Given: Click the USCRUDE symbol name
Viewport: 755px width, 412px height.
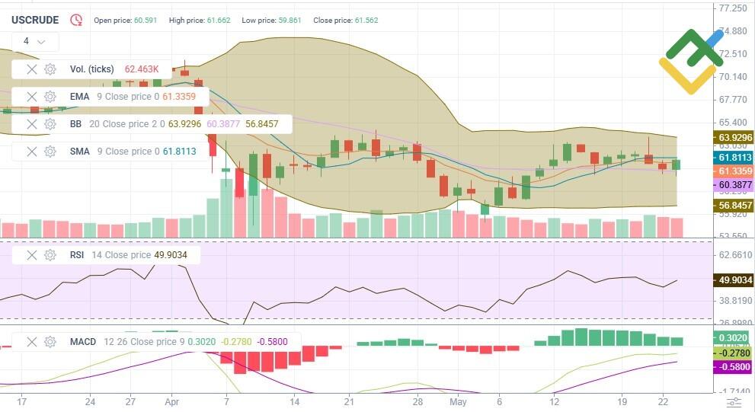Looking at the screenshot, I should click(35, 21).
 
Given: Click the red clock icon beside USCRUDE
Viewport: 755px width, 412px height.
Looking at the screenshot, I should click(76, 21).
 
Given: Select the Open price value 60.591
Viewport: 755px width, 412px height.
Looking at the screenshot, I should click(145, 21).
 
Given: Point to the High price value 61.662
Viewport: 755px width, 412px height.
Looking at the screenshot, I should click(219, 21).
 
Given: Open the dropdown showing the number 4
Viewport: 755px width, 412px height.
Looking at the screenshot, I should click(34, 41).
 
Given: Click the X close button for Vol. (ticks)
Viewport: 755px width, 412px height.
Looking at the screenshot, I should click(31, 69).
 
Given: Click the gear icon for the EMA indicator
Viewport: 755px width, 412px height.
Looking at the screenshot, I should click(50, 97).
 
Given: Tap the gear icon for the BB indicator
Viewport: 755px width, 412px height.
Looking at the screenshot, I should click(50, 123).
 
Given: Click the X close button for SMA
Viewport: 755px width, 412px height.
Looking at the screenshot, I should click(31, 152).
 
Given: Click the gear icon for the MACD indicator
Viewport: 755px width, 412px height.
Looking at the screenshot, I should click(50, 342).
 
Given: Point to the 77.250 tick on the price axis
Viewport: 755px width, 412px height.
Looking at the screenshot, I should click(732, 8).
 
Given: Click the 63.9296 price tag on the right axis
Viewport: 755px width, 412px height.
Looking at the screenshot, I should click(733, 138).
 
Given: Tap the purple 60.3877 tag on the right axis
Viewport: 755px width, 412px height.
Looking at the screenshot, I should click(733, 185).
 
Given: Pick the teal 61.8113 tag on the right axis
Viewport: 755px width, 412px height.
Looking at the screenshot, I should click(733, 158).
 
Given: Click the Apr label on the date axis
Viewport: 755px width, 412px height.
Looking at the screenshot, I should click(172, 401).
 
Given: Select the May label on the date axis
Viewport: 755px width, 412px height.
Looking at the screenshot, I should click(457, 401).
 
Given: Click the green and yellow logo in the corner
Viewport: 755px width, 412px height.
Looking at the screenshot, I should click(690, 61).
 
